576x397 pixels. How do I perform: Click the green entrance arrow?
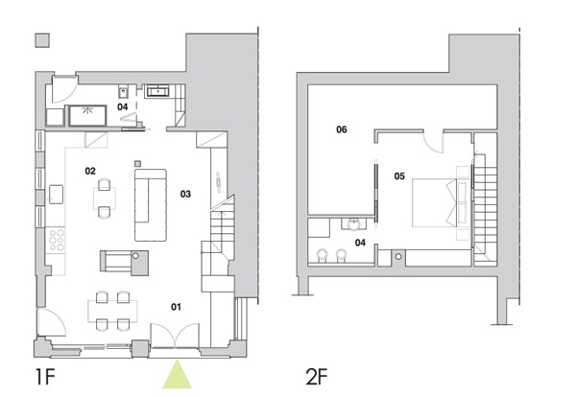click(x=178, y=374)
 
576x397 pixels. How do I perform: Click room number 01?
click(x=176, y=307)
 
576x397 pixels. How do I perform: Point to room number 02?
click(x=90, y=171)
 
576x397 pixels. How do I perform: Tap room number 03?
click(x=185, y=194)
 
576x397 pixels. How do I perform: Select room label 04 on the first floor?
click(x=123, y=107)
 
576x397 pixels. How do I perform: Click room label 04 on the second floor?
click(x=360, y=243)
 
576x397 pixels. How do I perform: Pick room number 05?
click(x=400, y=175)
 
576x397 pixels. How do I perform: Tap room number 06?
click(x=341, y=128)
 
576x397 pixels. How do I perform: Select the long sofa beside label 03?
click(x=151, y=204)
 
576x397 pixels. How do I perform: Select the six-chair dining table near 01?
click(x=109, y=308)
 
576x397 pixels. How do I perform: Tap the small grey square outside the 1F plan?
click(x=41, y=41)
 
